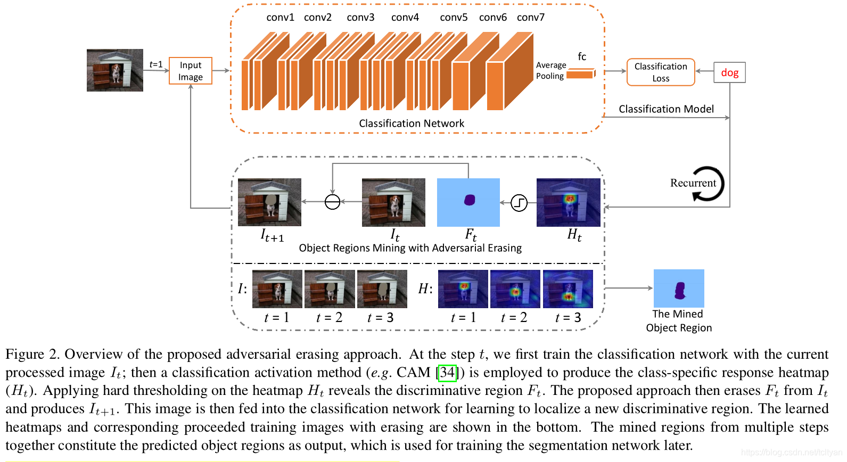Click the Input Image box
[191, 71]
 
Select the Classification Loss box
[661, 72]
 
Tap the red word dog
[729, 72]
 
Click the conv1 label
[280, 18]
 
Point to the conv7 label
[530, 18]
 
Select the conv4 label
[405, 18]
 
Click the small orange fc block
[581, 74]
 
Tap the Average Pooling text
[550, 70]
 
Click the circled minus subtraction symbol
[332, 202]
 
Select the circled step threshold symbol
[519, 202]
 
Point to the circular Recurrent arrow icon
[709, 184]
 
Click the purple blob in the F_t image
[469, 200]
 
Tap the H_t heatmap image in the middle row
[568, 202]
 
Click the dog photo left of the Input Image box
[115, 70]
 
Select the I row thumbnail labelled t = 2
[330, 289]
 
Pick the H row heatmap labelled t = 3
[568, 289]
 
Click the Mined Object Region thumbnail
[679, 288]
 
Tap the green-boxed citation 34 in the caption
[447, 372]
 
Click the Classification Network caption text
[411, 123]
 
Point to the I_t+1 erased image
[269, 202]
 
